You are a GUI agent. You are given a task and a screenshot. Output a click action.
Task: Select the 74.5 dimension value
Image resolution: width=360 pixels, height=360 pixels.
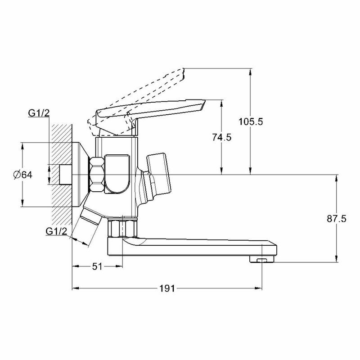pyautogui.click(x=221, y=138)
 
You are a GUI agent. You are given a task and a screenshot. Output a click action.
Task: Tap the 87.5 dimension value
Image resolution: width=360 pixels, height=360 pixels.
pyautogui.click(x=337, y=219)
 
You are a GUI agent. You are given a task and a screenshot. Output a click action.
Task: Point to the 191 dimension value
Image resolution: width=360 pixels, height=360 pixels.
pyautogui.click(x=166, y=288)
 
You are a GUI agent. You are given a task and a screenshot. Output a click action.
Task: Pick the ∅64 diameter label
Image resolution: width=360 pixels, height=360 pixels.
pyautogui.click(x=23, y=175)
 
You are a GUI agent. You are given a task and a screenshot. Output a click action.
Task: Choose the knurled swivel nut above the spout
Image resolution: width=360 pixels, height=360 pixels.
pyautogui.click(x=122, y=228)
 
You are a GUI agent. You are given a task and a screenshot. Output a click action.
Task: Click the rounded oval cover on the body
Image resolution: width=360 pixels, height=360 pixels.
pyautogui.click(x=118, y=173)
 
